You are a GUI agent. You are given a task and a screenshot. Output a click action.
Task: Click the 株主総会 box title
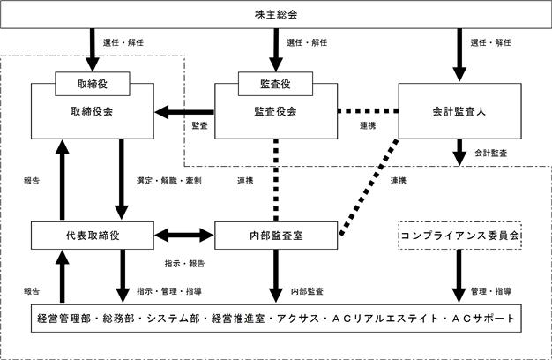pos(276,15)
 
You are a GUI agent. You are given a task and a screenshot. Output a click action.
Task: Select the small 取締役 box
pos(93,84)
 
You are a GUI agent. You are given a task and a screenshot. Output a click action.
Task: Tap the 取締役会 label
pos(92,112)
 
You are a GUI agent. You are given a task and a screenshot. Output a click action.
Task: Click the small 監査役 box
pos(276,84)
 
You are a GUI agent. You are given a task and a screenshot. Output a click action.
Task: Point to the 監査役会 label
pos(276,112)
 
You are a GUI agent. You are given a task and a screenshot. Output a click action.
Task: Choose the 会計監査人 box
pos(459,111)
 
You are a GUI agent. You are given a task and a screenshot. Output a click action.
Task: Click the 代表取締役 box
pos(93,236)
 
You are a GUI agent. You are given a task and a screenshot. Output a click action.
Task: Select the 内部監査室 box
pos(276,236)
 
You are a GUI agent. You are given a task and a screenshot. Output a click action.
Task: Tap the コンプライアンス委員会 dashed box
pos(459,236)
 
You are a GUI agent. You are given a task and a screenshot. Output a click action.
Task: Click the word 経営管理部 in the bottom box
pos(63,319)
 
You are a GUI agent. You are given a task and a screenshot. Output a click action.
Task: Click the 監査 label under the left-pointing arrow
pos(199,125)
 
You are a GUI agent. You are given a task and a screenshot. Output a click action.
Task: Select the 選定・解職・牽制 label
pos(169,181)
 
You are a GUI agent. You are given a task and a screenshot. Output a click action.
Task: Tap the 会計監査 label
pos(491,154)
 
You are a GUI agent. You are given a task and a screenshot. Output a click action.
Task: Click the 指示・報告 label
pos(184,264)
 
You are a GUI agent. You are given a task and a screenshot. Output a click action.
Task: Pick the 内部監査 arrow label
pos(307,291)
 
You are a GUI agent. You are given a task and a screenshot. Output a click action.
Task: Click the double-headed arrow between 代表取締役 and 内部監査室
pos(184,236)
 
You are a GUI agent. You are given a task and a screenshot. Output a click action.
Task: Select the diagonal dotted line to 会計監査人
pos(369,187)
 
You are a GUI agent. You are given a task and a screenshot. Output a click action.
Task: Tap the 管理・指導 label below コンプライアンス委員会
pos(491,291)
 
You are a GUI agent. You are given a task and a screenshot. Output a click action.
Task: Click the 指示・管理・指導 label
pos(169,291)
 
